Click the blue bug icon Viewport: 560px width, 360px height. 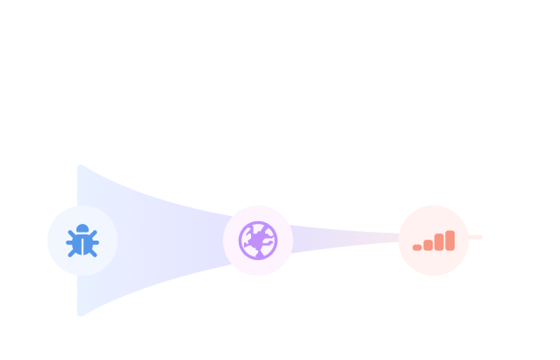coord(83,241)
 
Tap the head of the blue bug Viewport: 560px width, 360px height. coord(83,229)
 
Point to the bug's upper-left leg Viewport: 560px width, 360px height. coord(71,233)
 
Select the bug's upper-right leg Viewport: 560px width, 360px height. coord(94,233)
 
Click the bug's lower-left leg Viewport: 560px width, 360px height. coord(72,253)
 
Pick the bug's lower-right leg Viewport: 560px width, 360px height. coord(93,253)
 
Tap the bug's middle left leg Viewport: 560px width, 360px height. coord(68,242)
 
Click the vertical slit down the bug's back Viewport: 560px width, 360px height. coord(83,246)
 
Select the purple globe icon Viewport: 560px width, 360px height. coord(258,241)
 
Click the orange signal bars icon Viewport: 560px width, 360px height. coord(434,241)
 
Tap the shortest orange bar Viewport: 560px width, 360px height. coord(418,248)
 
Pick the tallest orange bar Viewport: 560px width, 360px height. coord(450,241)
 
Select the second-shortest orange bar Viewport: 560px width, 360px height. coord(428,245)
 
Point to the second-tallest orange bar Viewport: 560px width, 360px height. coord(439,242)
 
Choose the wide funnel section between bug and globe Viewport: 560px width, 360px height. coord(167,239)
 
